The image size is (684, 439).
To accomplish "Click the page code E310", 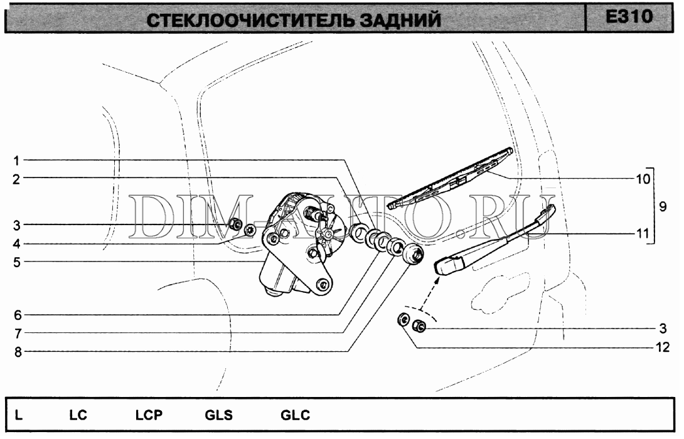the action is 629,17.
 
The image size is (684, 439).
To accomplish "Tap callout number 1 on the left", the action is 16,161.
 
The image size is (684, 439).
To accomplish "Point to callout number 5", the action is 16,262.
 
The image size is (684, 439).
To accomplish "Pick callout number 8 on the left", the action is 18,352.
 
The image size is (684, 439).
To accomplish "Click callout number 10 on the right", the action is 643,179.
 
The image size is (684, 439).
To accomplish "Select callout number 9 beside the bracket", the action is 663,206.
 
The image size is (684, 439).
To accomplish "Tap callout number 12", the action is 663,347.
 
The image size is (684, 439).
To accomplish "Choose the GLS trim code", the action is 218,415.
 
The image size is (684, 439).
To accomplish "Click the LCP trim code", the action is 149,415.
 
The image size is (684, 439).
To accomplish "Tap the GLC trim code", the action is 296,415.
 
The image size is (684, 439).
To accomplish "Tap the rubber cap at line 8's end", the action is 413,254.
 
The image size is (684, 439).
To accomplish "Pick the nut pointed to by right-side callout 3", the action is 419,325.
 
